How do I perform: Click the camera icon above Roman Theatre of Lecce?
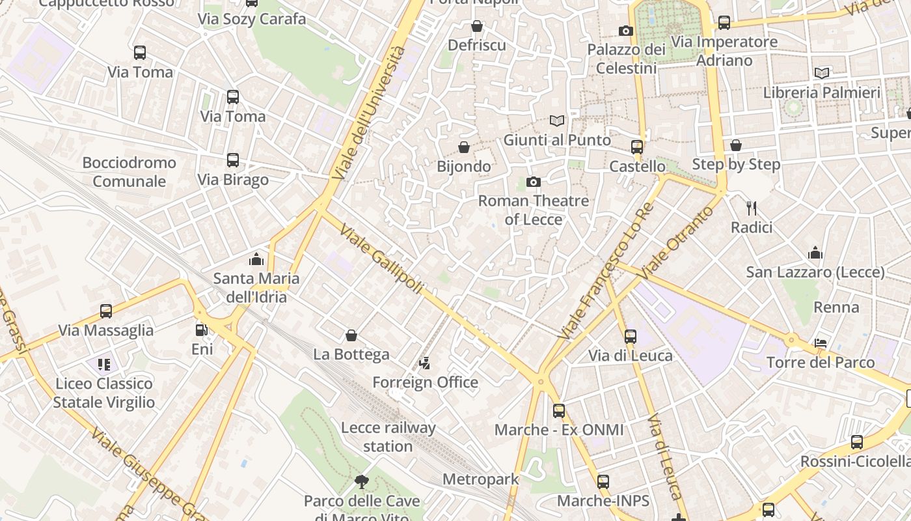534,182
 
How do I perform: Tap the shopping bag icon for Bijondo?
464,147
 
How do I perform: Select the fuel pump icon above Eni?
202,330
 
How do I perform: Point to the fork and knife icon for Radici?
752,208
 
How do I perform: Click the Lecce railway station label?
388,437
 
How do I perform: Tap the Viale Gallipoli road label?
382,260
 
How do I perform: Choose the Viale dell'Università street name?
368,113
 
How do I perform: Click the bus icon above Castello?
637,147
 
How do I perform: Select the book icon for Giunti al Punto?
556,120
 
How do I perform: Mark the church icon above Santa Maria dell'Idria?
256,259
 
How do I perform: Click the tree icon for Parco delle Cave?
362,482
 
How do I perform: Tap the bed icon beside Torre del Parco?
821,343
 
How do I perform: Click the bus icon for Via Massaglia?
106,311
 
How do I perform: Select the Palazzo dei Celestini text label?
626,59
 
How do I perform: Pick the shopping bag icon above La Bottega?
351,335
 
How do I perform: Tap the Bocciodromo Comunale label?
129,172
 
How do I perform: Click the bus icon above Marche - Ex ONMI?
559,411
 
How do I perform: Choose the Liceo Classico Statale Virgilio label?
104,393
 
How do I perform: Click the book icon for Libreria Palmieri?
822,73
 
